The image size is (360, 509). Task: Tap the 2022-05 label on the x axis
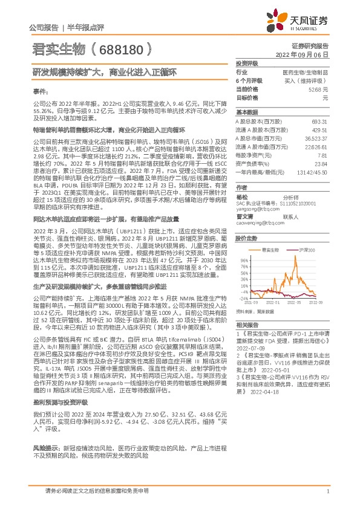pos(295,302)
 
